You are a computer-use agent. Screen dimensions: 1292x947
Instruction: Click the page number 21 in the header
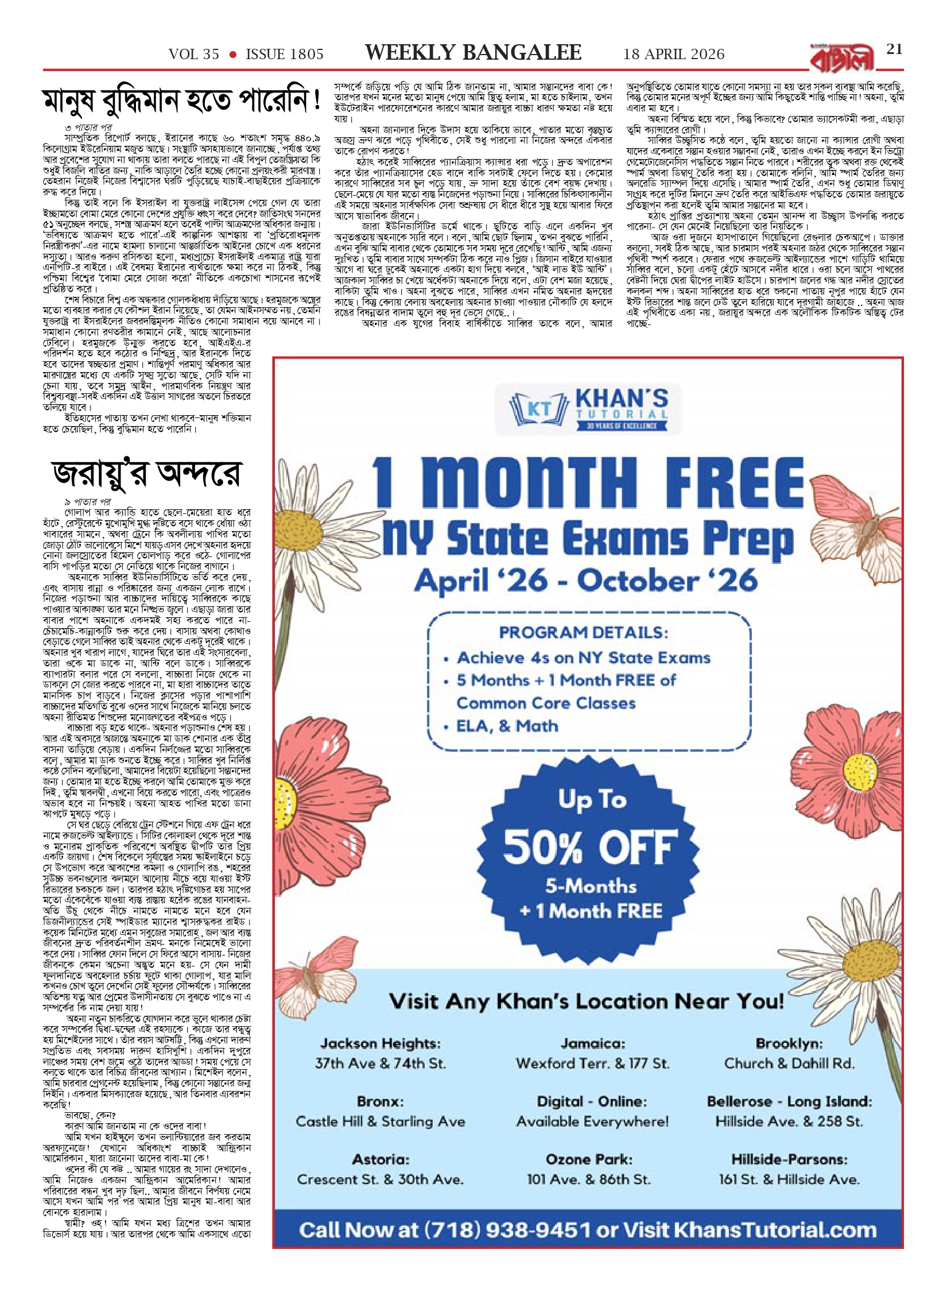pyautogui.click(x=894, y=49)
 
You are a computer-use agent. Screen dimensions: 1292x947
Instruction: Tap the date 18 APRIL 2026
pyautogui.click(x=674, y=55)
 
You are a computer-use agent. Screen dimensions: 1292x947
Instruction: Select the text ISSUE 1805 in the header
pyautogui.click(x=285, y=55)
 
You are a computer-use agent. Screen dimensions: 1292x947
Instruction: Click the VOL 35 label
pyautogui.click(x=194, y=55)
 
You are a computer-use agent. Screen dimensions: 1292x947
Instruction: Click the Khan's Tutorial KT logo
pyautogui.click(x=589, y=408)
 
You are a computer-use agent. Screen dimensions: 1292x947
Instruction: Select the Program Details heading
pyautogui.click(x=583, y=633)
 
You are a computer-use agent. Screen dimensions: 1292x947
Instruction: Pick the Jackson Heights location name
pyautogui.click(x=381, y=1043)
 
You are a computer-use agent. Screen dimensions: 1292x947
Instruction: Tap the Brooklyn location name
pyautogui.click(x=789, y=1043)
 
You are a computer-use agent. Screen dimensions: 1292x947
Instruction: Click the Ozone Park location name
pyautogui.click(x=589, y=1159)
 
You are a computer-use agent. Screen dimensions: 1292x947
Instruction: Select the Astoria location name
pyautogui.click(x=381, y=1159)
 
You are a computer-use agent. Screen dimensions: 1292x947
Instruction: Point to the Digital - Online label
pyautogui.click(x=592, y=1101)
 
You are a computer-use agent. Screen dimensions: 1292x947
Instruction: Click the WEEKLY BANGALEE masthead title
pyautogui.click(x=473, y=53)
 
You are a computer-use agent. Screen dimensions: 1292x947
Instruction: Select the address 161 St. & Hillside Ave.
pyautogui.click(x=789, y=1179)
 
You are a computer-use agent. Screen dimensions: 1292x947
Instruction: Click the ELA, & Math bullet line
pyautogui.click(x=507, y=726)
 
